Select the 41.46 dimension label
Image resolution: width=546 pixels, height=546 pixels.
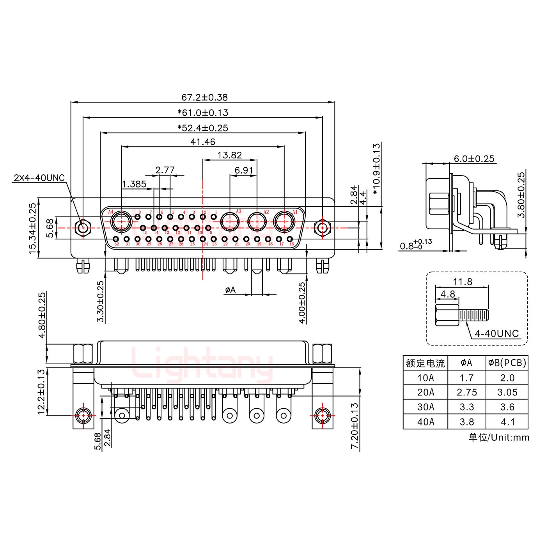click(x=203, y=142)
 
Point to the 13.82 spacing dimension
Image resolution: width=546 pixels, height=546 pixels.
click(x=229, y=155)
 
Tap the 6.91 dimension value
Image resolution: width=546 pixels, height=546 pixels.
click(x=244, y=170)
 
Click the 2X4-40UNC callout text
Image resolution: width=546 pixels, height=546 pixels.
click(x=39, y=178)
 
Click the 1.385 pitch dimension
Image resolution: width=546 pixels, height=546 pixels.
click(x=134, y=184)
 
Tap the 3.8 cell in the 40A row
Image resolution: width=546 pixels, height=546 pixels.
click(x=466, y=422)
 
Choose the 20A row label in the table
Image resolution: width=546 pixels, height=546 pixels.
click(x=425, y=392)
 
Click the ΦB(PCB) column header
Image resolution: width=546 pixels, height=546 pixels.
click(x=507, y=363)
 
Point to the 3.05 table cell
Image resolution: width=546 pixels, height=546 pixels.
click(x=507, y=392)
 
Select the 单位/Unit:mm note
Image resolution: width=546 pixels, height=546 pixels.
click(x=499, y=437)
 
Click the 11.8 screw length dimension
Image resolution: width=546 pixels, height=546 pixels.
click(x=463, y=282)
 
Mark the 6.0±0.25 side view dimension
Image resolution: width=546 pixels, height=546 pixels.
click(x=474, y=159)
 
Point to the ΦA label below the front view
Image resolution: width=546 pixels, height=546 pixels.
click(x=230, y=290)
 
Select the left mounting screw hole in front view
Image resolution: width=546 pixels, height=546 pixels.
click(x=83, y=227)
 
